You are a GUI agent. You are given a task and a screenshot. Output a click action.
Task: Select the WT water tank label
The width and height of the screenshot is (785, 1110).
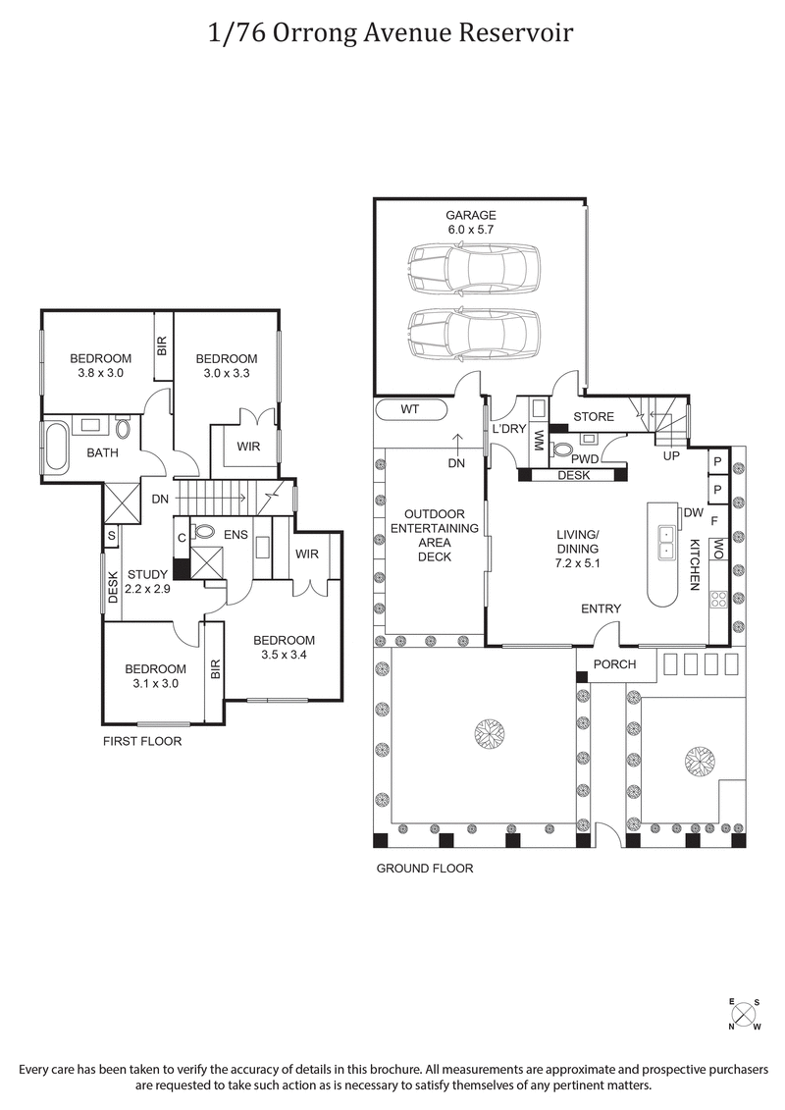coord(410,408)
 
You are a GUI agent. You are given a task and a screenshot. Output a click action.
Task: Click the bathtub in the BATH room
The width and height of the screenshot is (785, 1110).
coord(55,448)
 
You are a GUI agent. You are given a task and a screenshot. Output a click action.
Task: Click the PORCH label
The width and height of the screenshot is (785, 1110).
coord(616,664)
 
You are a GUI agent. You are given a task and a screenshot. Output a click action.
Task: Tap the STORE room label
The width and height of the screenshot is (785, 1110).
coord(593,417)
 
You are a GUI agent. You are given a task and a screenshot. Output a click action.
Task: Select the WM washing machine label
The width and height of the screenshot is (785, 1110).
coord(538,442)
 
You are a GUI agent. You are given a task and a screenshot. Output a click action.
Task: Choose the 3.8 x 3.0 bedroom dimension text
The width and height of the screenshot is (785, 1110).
coord(100,372)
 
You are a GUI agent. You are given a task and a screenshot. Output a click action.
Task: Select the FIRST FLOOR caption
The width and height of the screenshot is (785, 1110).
coord(142,742)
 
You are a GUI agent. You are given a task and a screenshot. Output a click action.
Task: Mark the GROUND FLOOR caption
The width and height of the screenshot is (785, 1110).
coord(425,869)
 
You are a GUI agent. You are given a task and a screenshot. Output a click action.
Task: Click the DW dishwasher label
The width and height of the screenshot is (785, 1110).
coord(693,512)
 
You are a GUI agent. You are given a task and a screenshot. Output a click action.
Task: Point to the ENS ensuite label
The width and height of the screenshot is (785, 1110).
coord(236,533)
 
